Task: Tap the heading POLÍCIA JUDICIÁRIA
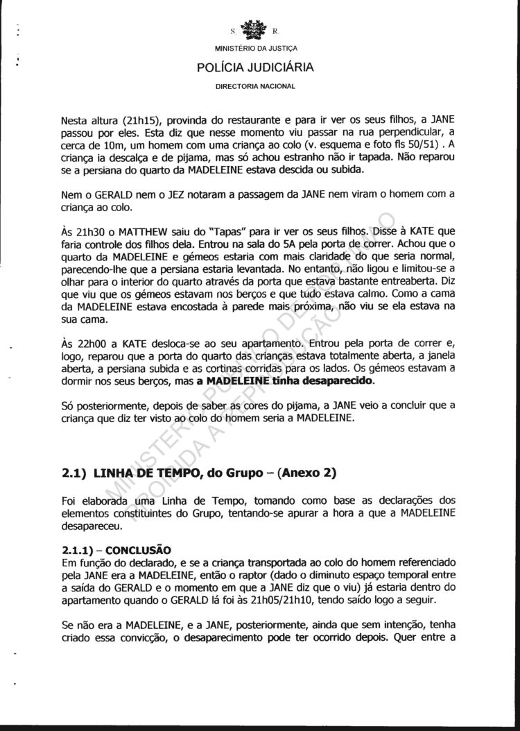point(256,67)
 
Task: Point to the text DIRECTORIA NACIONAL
point(256,86)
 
